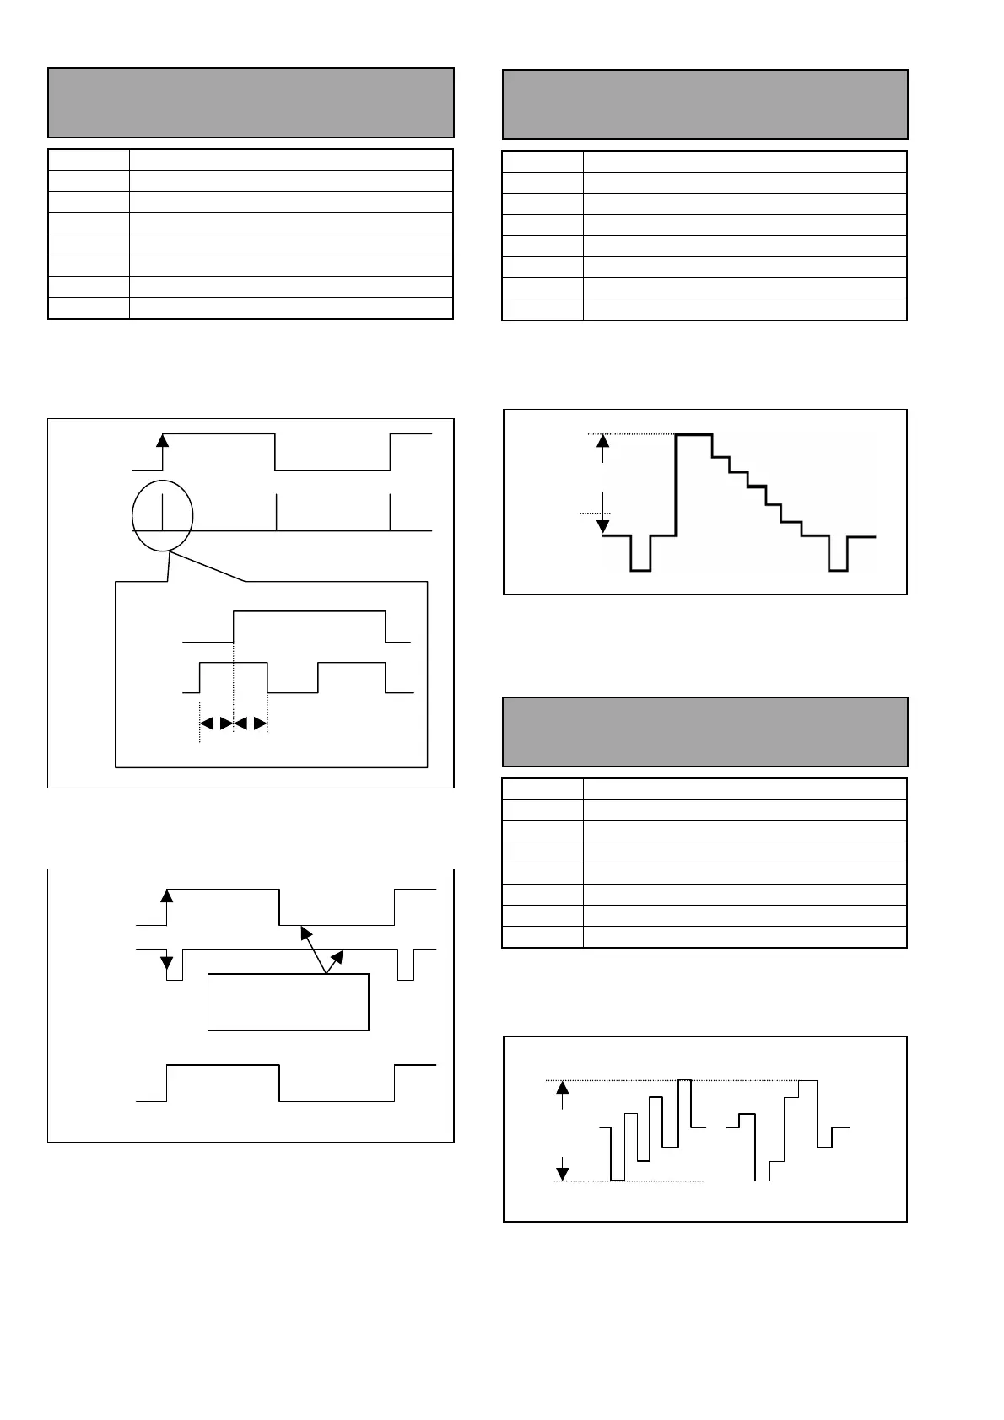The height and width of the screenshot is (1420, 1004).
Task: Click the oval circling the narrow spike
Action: (x=163, y=515)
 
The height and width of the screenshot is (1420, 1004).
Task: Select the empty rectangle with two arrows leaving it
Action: (x=288, y=1002)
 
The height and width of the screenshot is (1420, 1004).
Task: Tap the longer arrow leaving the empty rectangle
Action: (x=314, y=949)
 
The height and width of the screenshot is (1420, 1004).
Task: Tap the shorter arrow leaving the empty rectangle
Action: (x=335, y=962)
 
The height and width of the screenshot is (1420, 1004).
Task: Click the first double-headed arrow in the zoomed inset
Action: (x=216, y=723)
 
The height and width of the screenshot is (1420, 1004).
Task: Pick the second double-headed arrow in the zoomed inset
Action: (x=250, y=723)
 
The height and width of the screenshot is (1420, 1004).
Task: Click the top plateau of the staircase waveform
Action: (x=694, y=434)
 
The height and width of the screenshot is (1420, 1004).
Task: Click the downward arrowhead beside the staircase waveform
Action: (x=602, y=526)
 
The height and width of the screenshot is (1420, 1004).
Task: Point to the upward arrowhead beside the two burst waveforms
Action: (x=563, y=1089)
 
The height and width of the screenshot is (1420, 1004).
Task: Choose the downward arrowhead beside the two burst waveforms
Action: (x=563, y=1172)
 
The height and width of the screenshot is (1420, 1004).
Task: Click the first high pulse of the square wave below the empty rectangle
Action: (x=223, y=1066)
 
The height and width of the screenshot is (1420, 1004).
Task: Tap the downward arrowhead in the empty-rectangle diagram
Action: (x=166, y=962)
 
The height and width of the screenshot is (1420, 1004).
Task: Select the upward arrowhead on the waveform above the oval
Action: (x=163, y=439)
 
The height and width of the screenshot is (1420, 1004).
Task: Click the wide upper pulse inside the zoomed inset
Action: (x=310, y=610)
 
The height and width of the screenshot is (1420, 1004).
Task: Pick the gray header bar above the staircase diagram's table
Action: (x=704, y=105)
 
